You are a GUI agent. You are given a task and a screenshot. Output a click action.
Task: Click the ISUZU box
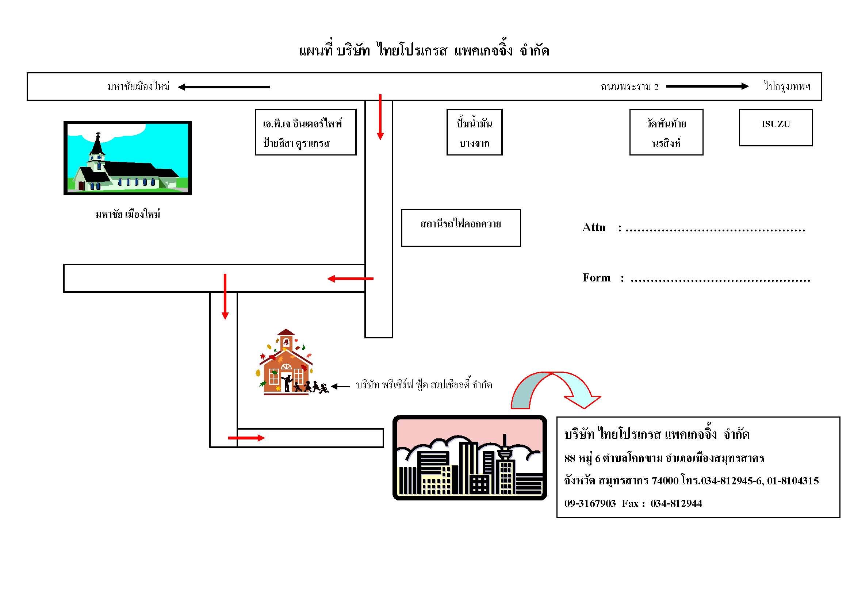click(776, 127)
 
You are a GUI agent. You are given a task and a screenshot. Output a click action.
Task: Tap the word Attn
click(594, 227)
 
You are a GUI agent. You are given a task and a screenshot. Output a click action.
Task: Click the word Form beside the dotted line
click(596, 278)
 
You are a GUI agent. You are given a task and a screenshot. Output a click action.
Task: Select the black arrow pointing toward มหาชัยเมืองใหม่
click(223, 87)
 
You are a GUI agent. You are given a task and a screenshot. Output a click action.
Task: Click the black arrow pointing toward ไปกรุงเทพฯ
click(707, 86)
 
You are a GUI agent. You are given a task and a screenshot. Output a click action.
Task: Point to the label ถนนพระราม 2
click(629, 87)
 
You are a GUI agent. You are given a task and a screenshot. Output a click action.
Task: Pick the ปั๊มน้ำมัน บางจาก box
click(474, 132)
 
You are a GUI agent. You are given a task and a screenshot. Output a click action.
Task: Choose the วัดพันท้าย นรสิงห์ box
click(666, 132)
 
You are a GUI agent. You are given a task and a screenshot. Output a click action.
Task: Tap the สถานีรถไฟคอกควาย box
click(460, 228)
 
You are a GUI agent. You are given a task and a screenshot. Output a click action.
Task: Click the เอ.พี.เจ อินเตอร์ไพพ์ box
click(305, 132)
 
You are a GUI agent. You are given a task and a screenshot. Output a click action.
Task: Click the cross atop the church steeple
click(98, 135)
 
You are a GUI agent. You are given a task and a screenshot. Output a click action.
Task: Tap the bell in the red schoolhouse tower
click(286, 342)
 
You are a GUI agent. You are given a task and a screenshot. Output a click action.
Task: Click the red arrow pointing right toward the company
click(246, 438)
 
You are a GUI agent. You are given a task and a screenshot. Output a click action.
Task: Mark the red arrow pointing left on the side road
click(350, 279)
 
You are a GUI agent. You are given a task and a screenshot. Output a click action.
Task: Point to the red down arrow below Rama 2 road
click(380, 117)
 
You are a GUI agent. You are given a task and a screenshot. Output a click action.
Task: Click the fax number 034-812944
click(676, 503)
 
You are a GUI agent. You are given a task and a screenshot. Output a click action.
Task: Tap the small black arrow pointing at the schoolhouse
click(340, 386)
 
